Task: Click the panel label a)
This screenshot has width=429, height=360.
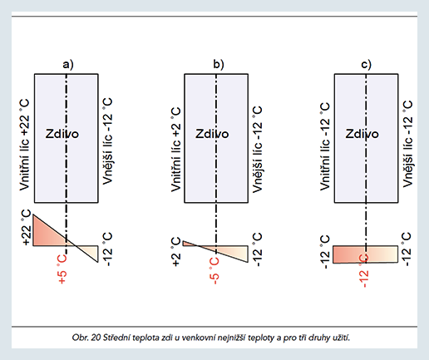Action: click(x=68, y=65)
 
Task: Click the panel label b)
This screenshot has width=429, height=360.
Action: click(x=219, y=64)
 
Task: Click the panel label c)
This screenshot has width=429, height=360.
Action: click(x=366, y=65)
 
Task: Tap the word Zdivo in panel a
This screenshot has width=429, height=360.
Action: click(x=62, y=134)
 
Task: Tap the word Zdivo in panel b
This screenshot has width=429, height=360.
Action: click(x=212, y=134)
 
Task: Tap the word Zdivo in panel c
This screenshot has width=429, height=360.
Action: click(x=362, y=134)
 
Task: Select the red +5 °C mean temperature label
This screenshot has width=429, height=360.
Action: click(x=62, y=269)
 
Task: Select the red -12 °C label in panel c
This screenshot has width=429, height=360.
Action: click(x=364, y=270)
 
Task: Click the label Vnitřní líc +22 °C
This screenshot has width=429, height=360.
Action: click(x=24, y=145)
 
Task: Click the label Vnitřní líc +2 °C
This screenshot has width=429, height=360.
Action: click(x=175, y=150)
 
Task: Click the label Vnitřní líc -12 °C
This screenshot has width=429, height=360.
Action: click(x=325, y=146)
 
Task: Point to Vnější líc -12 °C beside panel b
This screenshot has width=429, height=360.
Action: click(x=257, y=149)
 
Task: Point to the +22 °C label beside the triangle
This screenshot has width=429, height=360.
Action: click(x=27, y=228)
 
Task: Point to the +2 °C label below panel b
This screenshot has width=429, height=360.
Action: click(x=175, y=252)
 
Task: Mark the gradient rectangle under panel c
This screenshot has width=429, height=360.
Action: click(x=365, y=254)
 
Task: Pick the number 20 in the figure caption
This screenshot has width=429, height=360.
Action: click(x=96, y=338)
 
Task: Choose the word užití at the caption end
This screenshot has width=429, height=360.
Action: click(x=343, y=338)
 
